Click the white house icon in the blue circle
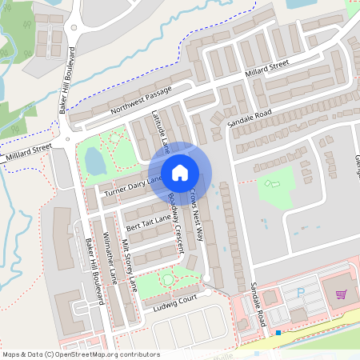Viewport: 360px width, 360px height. (180, 172)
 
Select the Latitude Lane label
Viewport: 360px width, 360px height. (161, 132)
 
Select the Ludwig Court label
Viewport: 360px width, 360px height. (177, 299)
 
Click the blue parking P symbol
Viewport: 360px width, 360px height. (301, 294)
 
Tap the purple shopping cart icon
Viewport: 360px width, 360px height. (342, 294)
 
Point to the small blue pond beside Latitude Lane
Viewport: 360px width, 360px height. (95, 162)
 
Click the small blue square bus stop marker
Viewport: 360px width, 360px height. (278, 332)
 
